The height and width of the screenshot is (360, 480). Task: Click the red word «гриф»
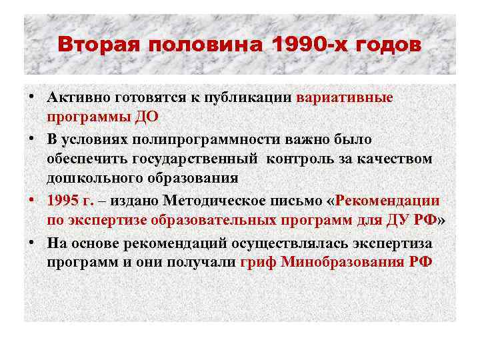click(259, 261)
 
